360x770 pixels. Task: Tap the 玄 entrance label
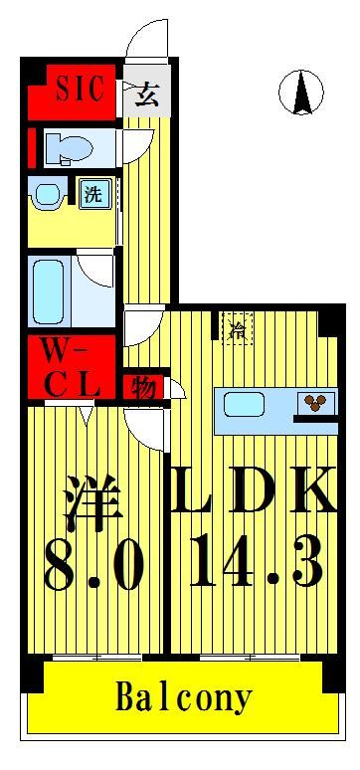pos(146,95)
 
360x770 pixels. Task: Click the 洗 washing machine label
pos(93,194)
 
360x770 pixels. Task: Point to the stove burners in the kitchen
pos(317,403)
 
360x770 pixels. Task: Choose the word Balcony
pos(184,695)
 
